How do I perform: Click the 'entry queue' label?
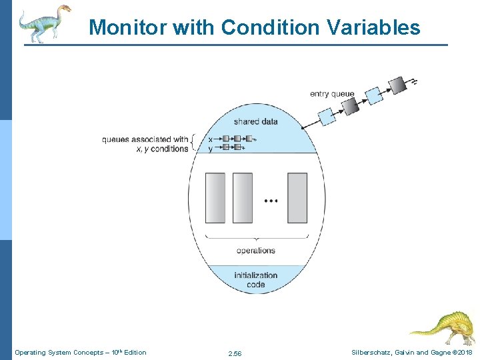click(x=332, y=94)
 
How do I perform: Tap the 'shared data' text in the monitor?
click(x=255, y=121)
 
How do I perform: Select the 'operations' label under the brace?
click(x=255, y=251)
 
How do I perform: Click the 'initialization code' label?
click(x=255, y=280)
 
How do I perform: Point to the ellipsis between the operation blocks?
click(x=271, y=200)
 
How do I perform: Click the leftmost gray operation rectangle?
click(x=215, y=198)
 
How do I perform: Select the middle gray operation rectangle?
click(x=243, y=198)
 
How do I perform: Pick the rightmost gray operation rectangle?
click(x=297, y=198)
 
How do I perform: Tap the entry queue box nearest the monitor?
click(x=327, y=117)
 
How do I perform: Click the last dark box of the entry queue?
click(x=397, y=85)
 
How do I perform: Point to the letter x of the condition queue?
click(x=210, y=139)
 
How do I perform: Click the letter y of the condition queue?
click(x=210, y=148)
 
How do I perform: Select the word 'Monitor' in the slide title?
click(x=128, y=27)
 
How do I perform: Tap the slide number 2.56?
click(x=235, y=353)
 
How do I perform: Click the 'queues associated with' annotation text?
click(x=145, y=139)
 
